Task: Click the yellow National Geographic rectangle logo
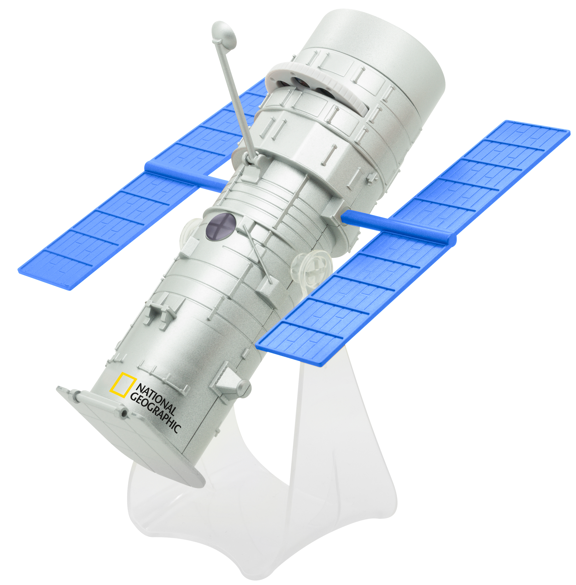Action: [122, 384]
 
